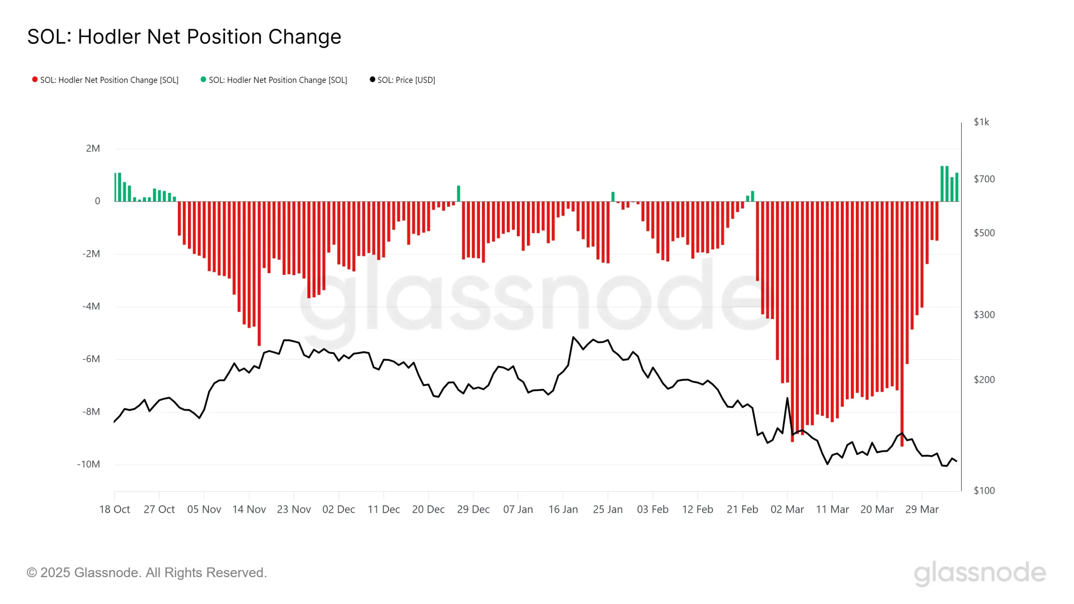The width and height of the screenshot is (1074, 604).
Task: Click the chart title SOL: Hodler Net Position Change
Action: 184,37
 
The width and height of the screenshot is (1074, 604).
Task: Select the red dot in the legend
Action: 35,80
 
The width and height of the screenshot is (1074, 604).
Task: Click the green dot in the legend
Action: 203,80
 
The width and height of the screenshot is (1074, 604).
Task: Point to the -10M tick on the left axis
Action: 89,464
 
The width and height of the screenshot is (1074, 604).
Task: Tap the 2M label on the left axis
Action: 93,148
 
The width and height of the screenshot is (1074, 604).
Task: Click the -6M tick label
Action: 91,359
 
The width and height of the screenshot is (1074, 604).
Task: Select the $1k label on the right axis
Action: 981,122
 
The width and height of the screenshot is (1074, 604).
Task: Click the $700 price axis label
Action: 984,179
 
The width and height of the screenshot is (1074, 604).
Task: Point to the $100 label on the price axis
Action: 984,490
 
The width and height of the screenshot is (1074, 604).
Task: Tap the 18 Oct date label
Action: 115,510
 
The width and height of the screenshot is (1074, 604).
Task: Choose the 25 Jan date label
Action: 607,510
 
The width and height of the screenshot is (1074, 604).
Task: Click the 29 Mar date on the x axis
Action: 922,510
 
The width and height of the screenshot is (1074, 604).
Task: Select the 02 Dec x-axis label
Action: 339,510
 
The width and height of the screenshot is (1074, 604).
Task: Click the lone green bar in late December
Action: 459,194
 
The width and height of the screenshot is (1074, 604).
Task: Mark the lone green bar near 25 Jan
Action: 613,197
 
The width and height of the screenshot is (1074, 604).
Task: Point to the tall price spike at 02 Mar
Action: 787,398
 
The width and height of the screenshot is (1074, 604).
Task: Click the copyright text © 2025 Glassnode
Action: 147,573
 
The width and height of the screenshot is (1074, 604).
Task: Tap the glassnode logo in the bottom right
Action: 980,573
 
